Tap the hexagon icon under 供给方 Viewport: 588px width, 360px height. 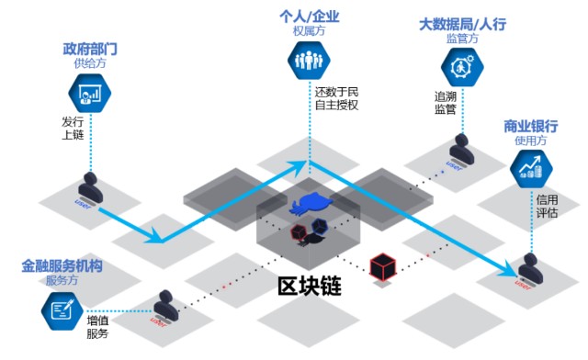click(89, 93)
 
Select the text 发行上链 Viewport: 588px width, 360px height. click(73, 129)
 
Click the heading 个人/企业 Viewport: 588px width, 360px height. click(310, 17)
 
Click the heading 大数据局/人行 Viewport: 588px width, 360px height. click(461, 24)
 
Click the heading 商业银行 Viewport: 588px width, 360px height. click(531, 126)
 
